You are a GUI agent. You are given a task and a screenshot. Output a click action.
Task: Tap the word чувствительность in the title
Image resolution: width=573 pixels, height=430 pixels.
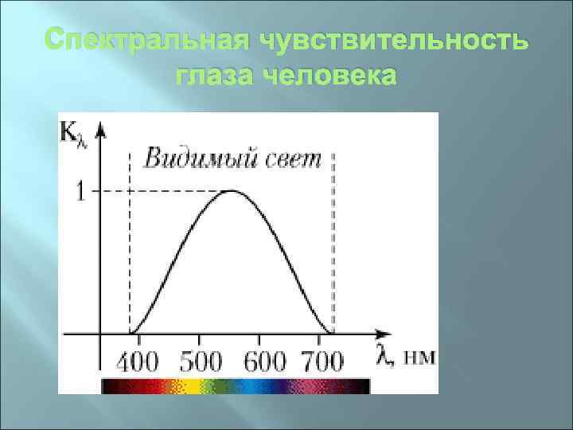coord(391,41)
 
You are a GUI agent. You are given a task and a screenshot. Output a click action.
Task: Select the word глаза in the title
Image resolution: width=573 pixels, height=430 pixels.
coord(212,77)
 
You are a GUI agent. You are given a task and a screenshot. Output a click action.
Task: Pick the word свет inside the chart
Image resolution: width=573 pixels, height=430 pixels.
coord(291,158)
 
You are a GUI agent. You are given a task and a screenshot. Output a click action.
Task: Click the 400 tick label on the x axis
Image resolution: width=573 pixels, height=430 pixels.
coord(138,362)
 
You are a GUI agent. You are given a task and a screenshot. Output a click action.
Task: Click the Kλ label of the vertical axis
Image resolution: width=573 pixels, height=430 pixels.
coord(72,131)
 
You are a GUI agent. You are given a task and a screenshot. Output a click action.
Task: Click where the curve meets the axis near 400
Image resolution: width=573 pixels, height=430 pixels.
coord(131,334)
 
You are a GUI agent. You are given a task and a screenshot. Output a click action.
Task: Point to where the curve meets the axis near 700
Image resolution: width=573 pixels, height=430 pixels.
coord(329,334)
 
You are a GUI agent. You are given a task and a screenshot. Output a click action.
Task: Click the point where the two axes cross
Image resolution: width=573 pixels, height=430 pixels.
coord(100,334)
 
